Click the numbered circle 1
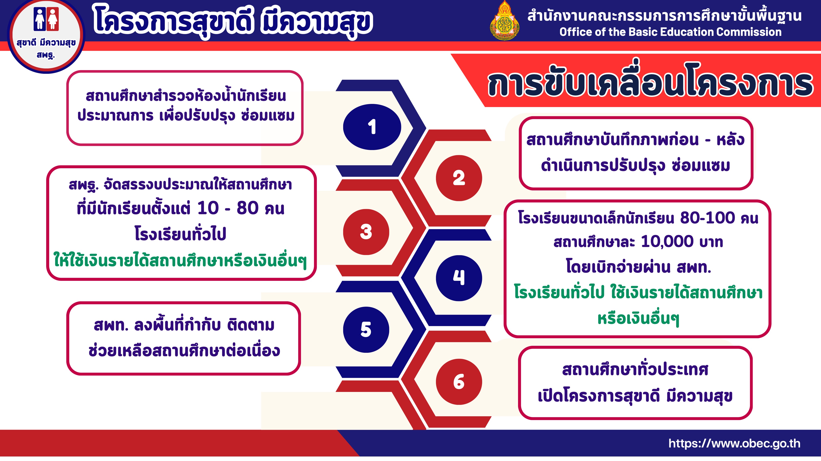point(372,127)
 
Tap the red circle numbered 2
point(459,178)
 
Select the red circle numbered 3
point(366,232)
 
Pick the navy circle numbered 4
point(459,278)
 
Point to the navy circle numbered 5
point(366,330)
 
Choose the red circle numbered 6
point(459,382)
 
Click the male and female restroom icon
point(46,19)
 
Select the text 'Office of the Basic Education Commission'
point(671,32)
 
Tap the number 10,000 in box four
point(667,242)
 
